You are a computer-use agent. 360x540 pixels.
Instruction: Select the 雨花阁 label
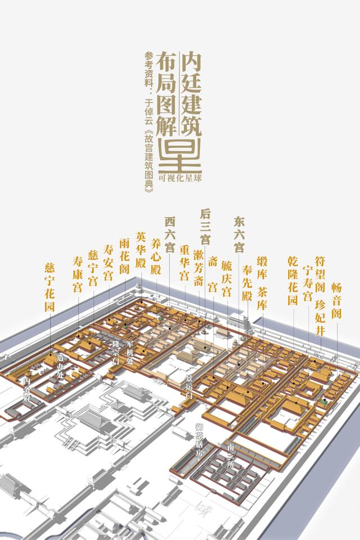pos(124,255)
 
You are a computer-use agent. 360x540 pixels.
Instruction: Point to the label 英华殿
pos(141,248)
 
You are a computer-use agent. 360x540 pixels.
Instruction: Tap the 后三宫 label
pos(205,226)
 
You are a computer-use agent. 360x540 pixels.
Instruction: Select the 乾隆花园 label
pos(292,280)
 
